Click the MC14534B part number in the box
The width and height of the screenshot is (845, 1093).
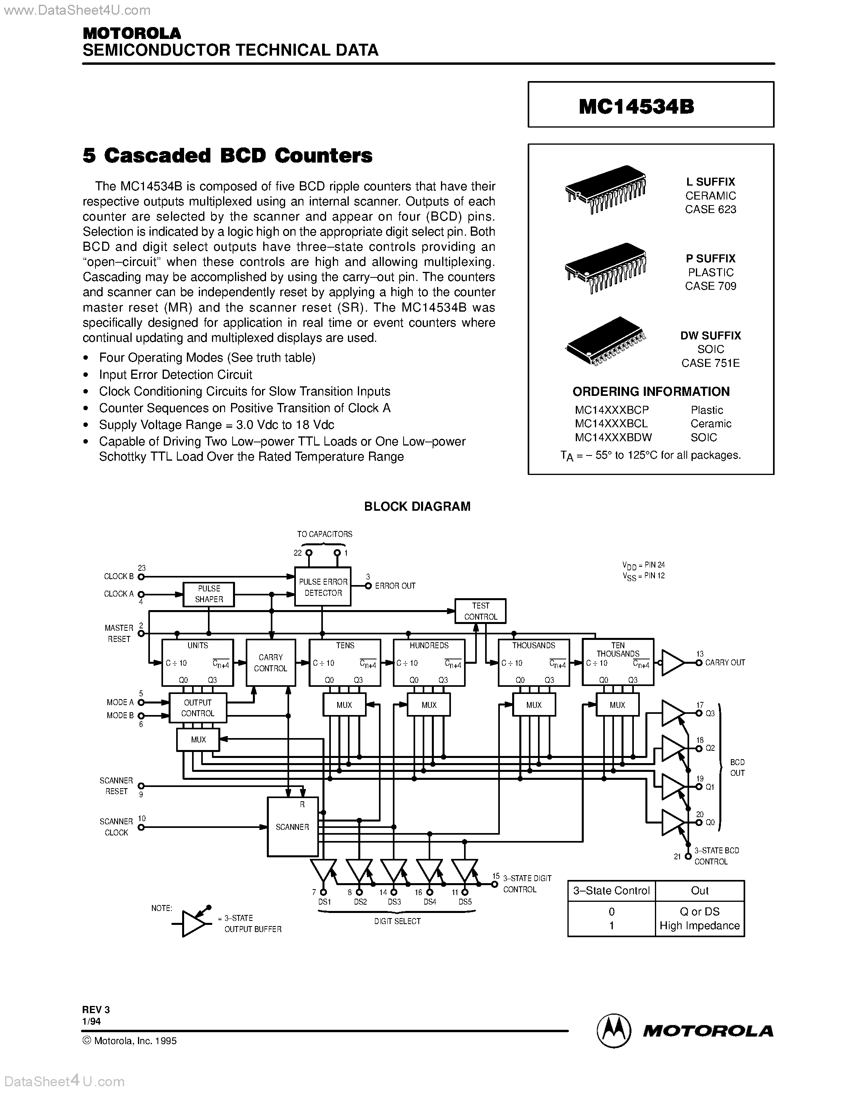(636, 106)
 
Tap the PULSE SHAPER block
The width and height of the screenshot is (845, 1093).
(209, 594)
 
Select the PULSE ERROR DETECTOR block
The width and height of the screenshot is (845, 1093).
(323, 587)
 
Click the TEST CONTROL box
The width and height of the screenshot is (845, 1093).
(480, 611)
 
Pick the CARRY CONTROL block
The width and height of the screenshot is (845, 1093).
(270, 663)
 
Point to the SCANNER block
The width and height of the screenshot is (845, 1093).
(292, 827)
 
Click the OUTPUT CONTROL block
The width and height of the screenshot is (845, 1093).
(198, 707)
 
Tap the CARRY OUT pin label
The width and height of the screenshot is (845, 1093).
(725, 663)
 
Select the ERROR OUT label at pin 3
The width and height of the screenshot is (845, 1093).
(395, 585)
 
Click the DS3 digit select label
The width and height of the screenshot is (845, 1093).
(394, 902)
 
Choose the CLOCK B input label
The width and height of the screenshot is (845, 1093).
(118, 577)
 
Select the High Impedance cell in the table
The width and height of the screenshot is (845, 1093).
(699, 925)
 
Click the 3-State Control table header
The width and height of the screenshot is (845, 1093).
(611, 890)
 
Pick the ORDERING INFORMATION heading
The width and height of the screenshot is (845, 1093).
(651, 391)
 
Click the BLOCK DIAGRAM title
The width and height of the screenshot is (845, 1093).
(417, 506)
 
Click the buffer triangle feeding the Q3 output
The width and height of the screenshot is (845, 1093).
(672, 713)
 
